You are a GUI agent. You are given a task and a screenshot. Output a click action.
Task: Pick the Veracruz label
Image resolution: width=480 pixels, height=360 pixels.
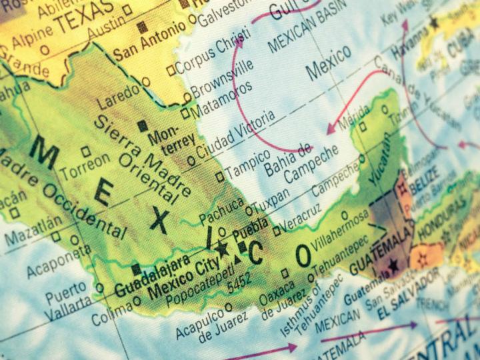[304, 215]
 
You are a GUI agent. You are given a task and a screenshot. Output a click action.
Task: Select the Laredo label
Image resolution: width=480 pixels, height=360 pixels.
[119, 95]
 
